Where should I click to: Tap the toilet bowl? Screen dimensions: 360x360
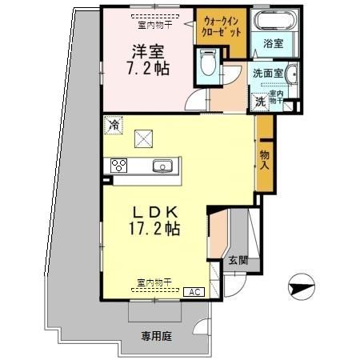207,62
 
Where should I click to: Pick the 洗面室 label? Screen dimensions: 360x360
267,72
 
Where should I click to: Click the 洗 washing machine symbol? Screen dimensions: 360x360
260,102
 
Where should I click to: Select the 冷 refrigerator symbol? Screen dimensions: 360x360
114,124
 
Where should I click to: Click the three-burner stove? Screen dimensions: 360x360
119,166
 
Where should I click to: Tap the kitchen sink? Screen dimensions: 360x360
162,166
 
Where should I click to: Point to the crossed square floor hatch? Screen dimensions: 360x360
144,138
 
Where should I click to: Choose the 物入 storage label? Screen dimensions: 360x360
265,162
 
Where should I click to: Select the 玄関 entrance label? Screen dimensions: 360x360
237,260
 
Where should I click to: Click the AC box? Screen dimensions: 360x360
193,292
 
